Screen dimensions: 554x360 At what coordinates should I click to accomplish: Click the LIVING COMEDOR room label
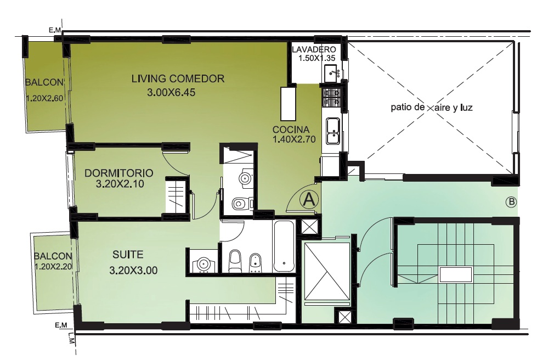click(178, 78)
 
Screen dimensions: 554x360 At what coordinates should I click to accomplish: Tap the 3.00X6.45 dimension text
click(171, 93)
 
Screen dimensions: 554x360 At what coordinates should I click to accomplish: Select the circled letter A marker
click(309, 199)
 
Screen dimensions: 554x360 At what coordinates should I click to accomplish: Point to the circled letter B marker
click(511, 203)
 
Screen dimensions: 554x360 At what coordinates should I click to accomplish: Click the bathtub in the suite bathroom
click(284, 246)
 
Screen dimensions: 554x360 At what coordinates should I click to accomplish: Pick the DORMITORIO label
click(118, 173)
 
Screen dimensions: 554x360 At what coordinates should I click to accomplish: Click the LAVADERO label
click(314, 49)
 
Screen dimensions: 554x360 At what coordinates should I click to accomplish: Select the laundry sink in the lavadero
click(332, 73)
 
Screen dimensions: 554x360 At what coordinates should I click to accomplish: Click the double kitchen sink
click(333, 131)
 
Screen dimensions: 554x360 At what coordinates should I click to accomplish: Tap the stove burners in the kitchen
click(331, 99)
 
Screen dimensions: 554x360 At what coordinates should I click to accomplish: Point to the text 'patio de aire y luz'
click(431, 108)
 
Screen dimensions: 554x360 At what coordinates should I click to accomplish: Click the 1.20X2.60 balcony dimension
click(44, 98)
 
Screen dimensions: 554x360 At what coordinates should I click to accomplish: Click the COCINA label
click(291, 130)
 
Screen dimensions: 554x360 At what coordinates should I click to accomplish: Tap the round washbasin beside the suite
click(202, 264)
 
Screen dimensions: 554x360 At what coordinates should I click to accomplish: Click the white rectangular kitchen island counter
click(289, 104)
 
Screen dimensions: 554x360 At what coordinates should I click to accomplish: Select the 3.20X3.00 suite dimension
click(133, 271)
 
